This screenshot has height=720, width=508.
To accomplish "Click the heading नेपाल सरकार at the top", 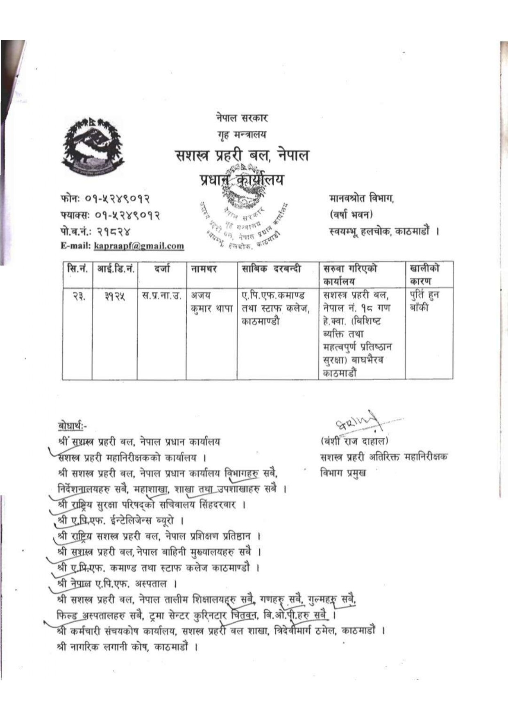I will click(242, 119).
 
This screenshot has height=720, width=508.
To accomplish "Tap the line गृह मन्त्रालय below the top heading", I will click(242, 134).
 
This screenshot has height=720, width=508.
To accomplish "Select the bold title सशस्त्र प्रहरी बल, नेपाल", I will click(242, 156).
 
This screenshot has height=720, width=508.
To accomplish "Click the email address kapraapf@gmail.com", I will click(139, 246).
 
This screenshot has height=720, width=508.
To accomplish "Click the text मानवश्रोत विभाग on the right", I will click(361, 199).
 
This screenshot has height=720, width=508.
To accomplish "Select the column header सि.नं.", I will click(77, 269).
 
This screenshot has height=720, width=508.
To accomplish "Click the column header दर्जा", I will click(162, 269).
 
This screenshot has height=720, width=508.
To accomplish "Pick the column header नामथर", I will click(204, 269).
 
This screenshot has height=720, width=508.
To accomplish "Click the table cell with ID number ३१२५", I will click(114, 295).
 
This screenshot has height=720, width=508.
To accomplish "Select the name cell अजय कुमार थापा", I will click(211, 302).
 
